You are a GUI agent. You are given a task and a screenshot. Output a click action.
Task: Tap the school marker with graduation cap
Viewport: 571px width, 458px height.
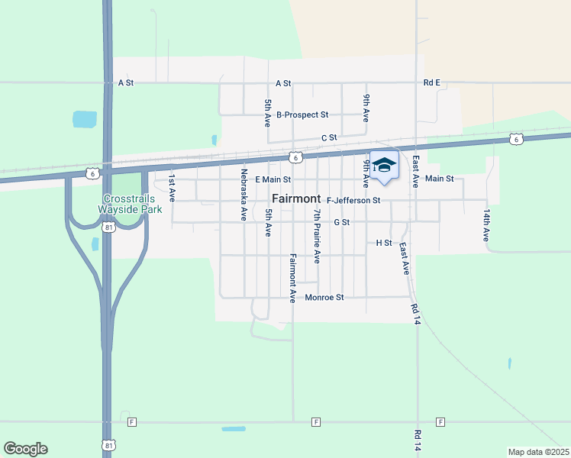(x=384, y=166)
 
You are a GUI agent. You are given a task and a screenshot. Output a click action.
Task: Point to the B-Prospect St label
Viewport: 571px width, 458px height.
(x=302, y=115)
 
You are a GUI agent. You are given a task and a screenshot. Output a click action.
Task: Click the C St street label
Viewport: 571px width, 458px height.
(x=329, y=137)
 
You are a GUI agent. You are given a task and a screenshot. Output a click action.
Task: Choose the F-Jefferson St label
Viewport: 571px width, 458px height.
(x=353, y=201)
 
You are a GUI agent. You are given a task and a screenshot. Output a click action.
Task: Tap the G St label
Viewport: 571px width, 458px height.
(x=341, y=223)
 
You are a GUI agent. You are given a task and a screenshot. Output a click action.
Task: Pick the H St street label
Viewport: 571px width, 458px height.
(x=384, y=243)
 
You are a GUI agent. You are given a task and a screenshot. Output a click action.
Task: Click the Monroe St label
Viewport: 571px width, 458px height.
(x=324, y=297)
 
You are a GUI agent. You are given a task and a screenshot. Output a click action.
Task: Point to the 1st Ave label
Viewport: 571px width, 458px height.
(x=173, y=187)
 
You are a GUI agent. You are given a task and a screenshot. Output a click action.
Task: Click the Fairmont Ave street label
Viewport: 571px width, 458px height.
(x=292, y=278)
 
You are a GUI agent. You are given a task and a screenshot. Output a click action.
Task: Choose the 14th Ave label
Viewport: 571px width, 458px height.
(x=486, y=224)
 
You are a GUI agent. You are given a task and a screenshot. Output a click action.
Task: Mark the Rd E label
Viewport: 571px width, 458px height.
(x=432, y=82)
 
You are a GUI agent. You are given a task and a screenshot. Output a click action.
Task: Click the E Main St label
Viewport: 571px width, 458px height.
(x=273, y=179)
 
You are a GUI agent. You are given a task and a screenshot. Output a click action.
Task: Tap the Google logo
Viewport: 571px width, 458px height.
(x=25, y=449)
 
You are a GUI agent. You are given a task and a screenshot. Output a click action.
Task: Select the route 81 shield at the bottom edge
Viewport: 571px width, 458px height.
(x=108, y=444)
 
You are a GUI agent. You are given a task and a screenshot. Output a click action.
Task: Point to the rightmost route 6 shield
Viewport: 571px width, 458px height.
(x=517, y=139)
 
